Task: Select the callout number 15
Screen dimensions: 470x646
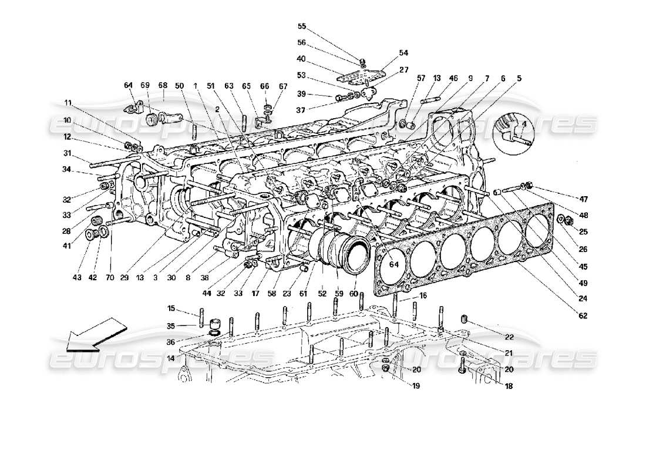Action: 171,308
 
